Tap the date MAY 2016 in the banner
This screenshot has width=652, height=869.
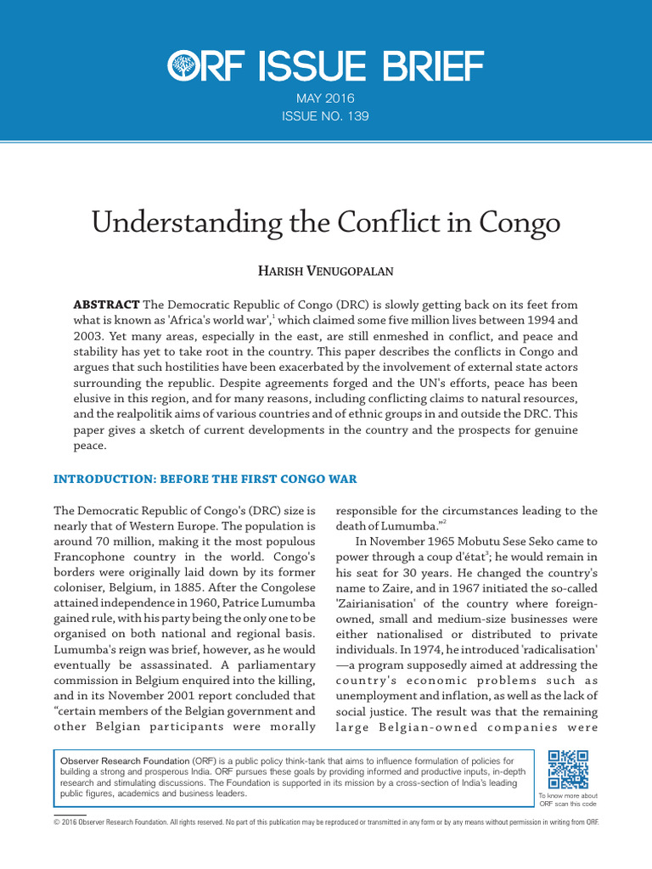pyautogui.click(x=326, y=98)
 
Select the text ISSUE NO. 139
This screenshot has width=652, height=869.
pyautogui.click(x=326, y=115)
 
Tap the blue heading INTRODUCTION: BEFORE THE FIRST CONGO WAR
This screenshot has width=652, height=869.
pyautogui.click(x=205, y=479)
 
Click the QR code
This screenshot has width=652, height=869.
pyautogui.click(x=568, y=770)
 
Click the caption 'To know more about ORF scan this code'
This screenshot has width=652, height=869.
pyautogui.click(x=568, y=799)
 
